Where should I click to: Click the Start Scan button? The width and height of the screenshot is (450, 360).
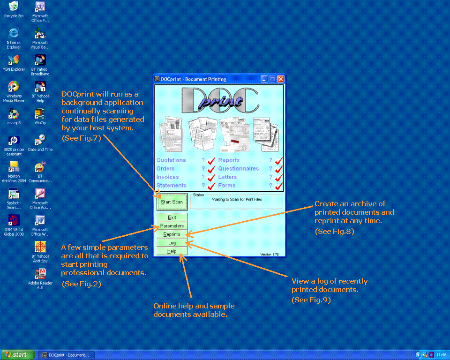172,202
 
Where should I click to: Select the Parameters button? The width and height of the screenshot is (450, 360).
172,226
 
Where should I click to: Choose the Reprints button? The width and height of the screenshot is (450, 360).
172,234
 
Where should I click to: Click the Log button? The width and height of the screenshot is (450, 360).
172,243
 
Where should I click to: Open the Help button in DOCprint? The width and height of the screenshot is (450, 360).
172,251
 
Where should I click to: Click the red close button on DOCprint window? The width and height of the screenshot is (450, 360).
281,79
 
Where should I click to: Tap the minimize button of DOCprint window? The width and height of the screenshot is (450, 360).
264,79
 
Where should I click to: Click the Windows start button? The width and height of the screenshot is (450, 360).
17,355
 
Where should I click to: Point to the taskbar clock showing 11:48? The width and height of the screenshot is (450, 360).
441,355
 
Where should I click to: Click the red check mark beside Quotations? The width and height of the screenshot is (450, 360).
211,161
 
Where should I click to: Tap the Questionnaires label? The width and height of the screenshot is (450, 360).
239,169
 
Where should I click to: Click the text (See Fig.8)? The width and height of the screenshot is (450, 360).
334,231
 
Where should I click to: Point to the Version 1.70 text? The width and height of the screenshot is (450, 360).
270,255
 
